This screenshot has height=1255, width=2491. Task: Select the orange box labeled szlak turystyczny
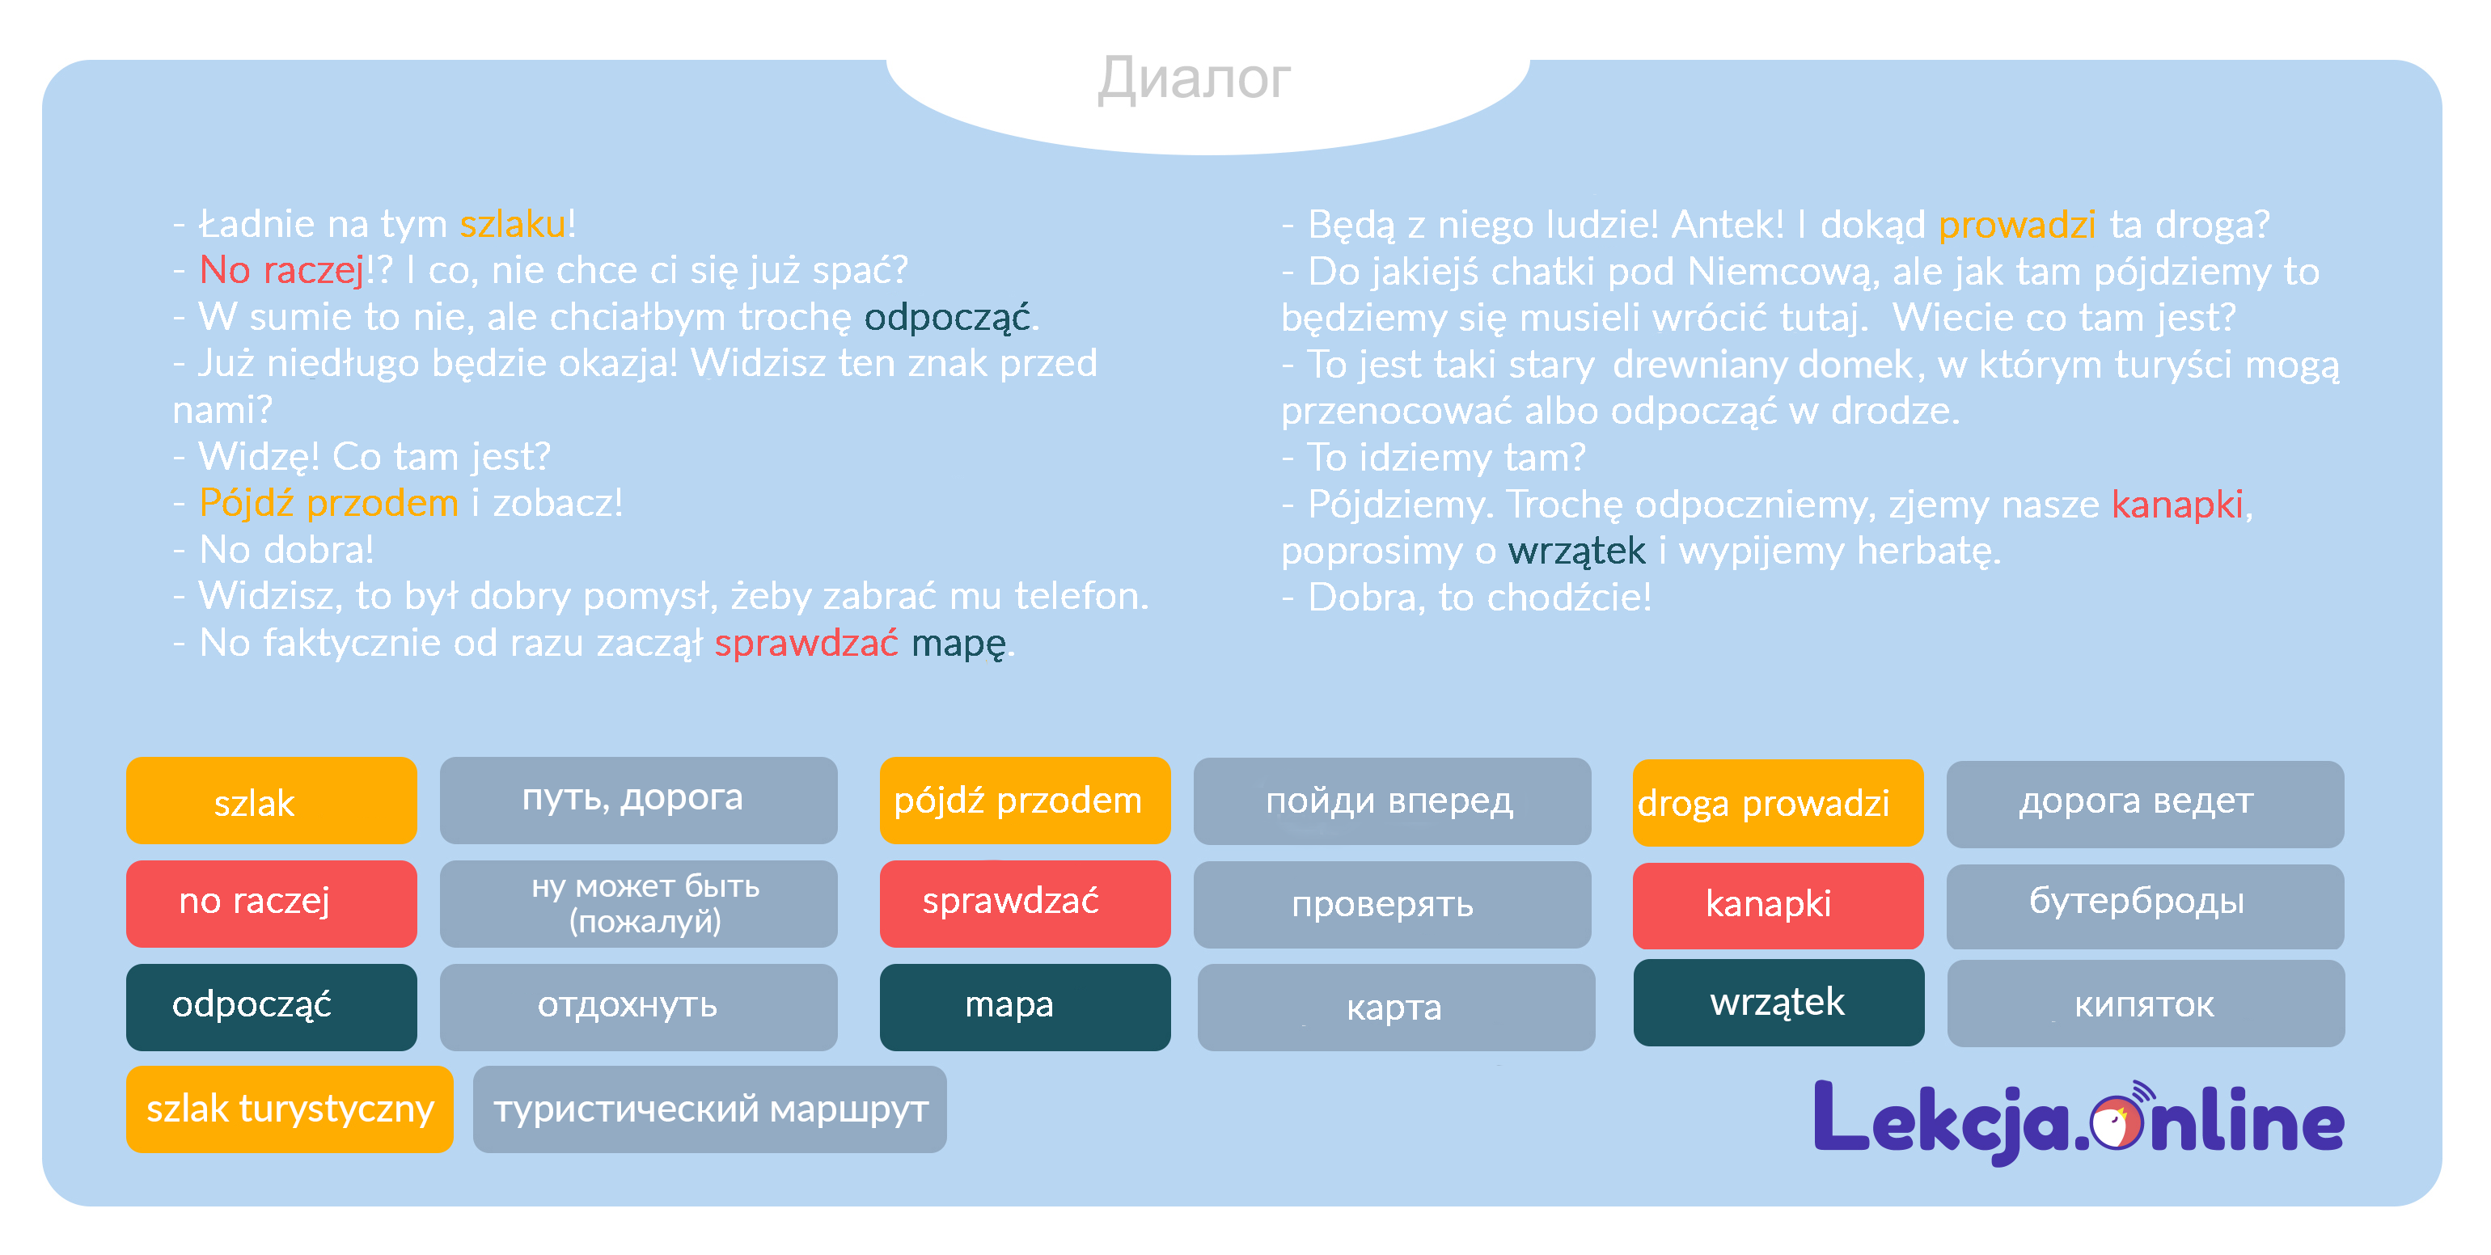290,1108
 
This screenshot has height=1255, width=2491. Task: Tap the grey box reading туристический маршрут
710,1108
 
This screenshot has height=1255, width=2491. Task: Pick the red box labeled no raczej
271,902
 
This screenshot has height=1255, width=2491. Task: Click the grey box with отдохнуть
638,1006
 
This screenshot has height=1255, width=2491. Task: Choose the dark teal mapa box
1024,1006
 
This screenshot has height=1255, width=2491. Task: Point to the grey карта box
1395,1007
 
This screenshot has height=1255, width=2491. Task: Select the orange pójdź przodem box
1024,801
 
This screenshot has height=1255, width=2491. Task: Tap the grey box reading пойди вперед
1392,801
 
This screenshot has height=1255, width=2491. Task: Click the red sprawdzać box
1024,902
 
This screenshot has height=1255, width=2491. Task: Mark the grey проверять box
1392,904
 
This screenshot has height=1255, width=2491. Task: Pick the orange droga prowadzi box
1778,802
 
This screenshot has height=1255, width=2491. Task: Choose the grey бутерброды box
2145,904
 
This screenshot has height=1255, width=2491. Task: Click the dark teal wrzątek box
1778,1003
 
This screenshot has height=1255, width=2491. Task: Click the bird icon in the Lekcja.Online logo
2115,1122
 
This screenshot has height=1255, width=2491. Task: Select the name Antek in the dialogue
1726,226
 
